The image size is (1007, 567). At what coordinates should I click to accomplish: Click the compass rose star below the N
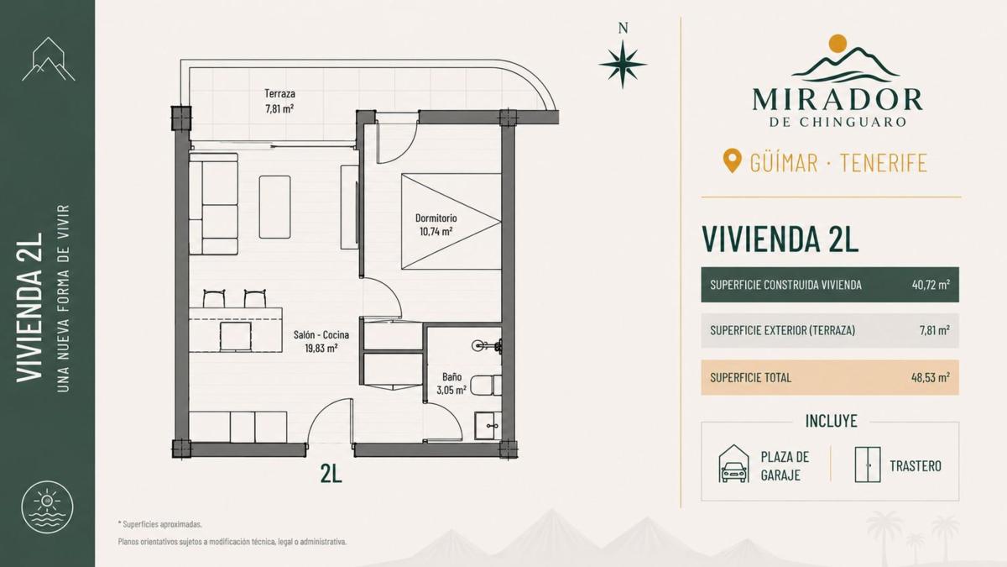pos(623,65)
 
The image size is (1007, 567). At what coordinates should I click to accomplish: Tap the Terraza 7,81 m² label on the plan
pos(279,101)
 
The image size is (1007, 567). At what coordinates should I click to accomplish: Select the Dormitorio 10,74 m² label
pos(436,224)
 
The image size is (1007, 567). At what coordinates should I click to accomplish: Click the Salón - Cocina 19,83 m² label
pos(321,341)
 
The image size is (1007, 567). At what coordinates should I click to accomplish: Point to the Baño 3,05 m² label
pos(451,383)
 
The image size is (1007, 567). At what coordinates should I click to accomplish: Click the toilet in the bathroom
pos(488,385)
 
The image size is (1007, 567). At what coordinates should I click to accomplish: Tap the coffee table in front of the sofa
pos(274,207)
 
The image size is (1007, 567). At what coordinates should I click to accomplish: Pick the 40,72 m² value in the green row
pos(931,285)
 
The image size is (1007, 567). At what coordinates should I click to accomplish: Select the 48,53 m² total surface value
pos(931,377)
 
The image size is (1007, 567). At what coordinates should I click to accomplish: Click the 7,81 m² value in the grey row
pos(935,330)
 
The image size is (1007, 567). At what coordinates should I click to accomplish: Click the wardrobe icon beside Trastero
pos(868,465)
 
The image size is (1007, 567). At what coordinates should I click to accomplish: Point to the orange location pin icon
pos(733,161)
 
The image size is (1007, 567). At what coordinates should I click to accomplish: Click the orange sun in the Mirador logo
pos(837,43)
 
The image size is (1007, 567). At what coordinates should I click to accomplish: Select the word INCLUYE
pos(832,421)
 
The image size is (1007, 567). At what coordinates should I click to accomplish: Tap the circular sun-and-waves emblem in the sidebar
pos(47,508)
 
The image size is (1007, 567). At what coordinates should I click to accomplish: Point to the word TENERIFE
pos(884,162)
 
